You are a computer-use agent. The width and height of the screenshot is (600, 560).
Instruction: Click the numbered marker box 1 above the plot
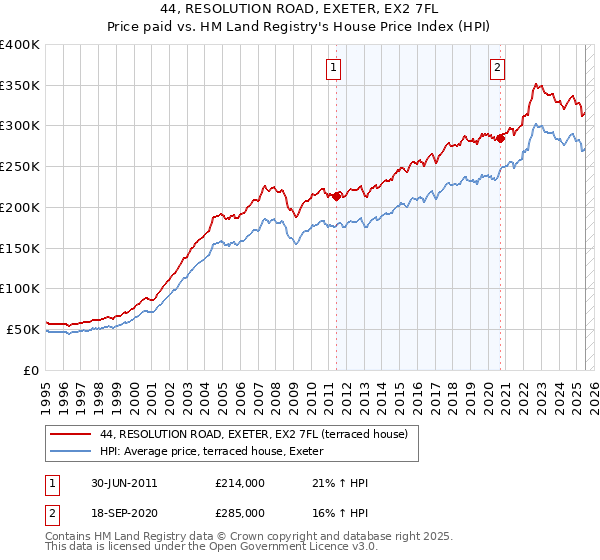click(x=333, y=68)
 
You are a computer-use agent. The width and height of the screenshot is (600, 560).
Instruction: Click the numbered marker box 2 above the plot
click(x=497, y=68)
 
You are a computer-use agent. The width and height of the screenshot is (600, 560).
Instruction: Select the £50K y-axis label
click(x=24, y=329)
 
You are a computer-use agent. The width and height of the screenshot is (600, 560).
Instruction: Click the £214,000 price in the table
click(x=239, y=484)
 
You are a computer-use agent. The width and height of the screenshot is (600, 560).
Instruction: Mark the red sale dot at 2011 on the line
click(x=336, y=196)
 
